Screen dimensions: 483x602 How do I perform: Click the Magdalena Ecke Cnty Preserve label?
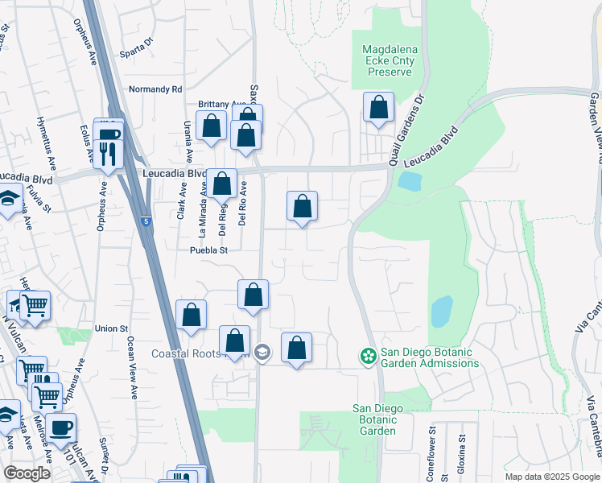pyautogui.click(x=387, y=60)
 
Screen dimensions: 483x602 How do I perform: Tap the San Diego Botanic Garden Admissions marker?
pyautogui.click(x=369, y=355)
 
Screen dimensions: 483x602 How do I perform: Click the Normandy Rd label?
pyautogui.click(x=156, y=89)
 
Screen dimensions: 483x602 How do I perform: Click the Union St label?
pyautogui.click(x=112, y=328)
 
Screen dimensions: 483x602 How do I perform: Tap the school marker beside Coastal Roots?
pyautogui.click(x=262, y=352)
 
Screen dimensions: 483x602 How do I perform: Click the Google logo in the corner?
pyautogui.click(x=27, y=473)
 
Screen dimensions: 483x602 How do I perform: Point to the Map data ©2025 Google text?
pyautogui.click(x=551, y=477)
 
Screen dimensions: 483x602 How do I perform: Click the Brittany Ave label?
pyautogui.click(x=221, y=105)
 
